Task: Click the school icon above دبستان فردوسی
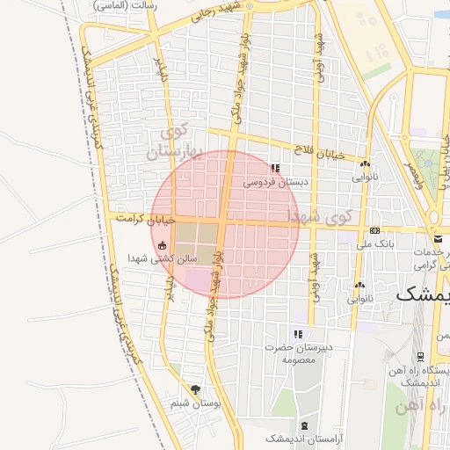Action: point(275,168)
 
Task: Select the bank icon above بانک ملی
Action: point(375,231)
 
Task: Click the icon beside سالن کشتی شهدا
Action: point(163,245)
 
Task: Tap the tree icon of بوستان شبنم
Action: point(195,389)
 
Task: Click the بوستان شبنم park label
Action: point(192,403)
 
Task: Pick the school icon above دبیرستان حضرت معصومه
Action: point(298,334)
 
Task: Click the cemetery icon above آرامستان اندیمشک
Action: point(304,425)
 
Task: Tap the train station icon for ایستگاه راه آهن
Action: point(421,356)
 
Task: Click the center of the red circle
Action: point(225,224)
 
